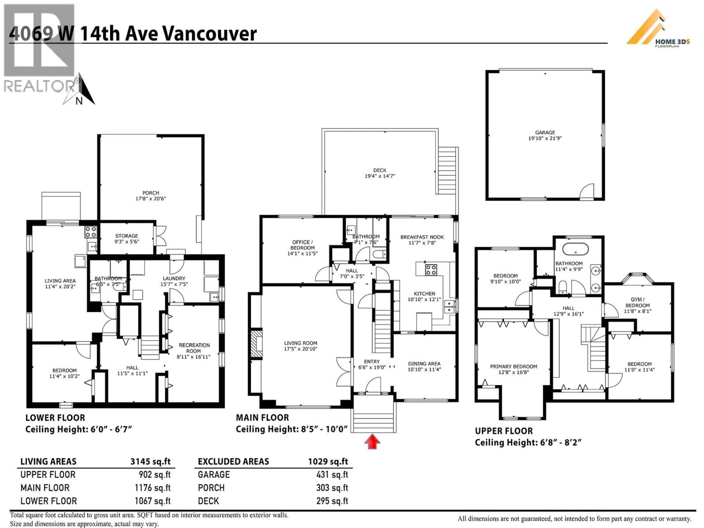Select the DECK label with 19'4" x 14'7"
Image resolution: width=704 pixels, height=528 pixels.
coord(380,173)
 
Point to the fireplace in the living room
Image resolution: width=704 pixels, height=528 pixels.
coord(256,344)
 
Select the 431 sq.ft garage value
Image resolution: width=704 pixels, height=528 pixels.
coord(332,474)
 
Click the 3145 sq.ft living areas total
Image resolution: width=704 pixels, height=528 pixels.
coord(150,461)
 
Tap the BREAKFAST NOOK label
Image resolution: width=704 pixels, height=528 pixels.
coord(422,240)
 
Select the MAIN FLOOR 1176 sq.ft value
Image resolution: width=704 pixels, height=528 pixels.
coord(153,488)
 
